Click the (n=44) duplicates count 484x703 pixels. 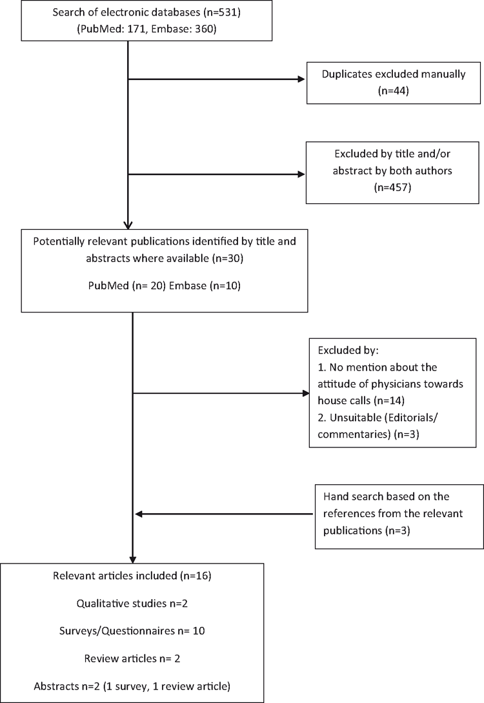pos(394,90)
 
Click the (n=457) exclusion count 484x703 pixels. pos(392,187)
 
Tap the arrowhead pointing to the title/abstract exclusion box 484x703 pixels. pos(301,174)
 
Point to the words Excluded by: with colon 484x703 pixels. pos(348,350)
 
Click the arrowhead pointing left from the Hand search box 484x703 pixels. pos(139,514)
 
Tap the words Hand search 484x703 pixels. pos(352,497)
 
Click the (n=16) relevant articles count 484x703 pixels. pos(196,576)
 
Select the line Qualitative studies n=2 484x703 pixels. pos(132,604)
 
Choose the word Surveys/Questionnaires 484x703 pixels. pos(117,631)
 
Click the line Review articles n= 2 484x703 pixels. pos(132,658)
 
